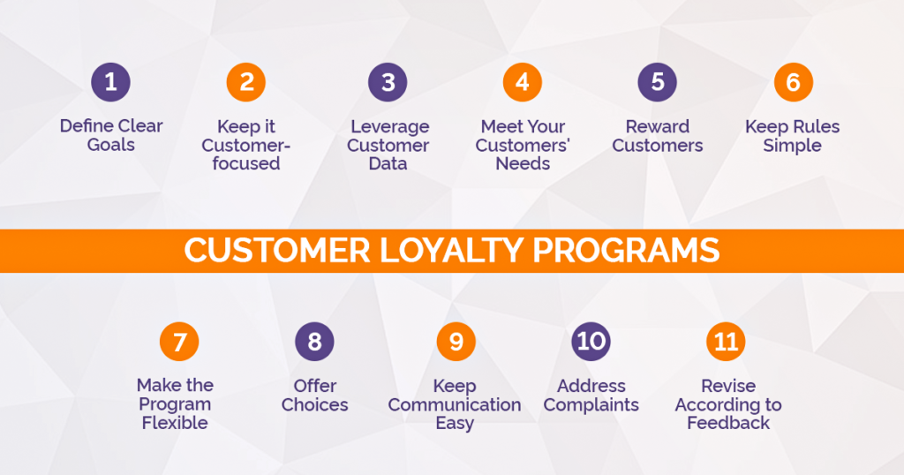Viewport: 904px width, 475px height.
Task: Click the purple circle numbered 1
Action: tap(110, 83)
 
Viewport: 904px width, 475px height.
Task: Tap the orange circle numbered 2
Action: tap(246, 83)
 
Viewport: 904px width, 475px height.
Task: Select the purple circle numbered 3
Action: tap(388, 83)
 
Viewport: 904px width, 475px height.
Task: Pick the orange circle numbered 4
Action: tap(523, 83)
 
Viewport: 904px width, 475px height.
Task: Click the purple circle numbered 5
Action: tap(658, 83)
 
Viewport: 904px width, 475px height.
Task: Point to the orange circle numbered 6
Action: tap(793, 83)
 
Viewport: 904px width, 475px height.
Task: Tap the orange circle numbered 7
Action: tap(179, 342)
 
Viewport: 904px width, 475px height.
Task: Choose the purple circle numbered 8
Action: tap(315, 342)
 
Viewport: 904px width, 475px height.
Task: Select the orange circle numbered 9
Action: tap(456, 342)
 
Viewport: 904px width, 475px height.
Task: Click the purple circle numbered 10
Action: tap(591, 342)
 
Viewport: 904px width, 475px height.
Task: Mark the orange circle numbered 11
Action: tap(726, 342)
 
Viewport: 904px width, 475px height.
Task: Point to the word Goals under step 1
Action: tap(111, 145)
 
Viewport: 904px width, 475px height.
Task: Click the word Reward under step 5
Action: tap(658, 126)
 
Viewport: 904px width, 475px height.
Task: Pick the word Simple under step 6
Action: tap(792, 145)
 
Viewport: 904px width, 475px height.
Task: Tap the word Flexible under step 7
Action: tap(175, 423)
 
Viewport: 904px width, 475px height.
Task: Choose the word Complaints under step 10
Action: tap(591, 405)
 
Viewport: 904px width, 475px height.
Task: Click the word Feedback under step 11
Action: tap(728, 423)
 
